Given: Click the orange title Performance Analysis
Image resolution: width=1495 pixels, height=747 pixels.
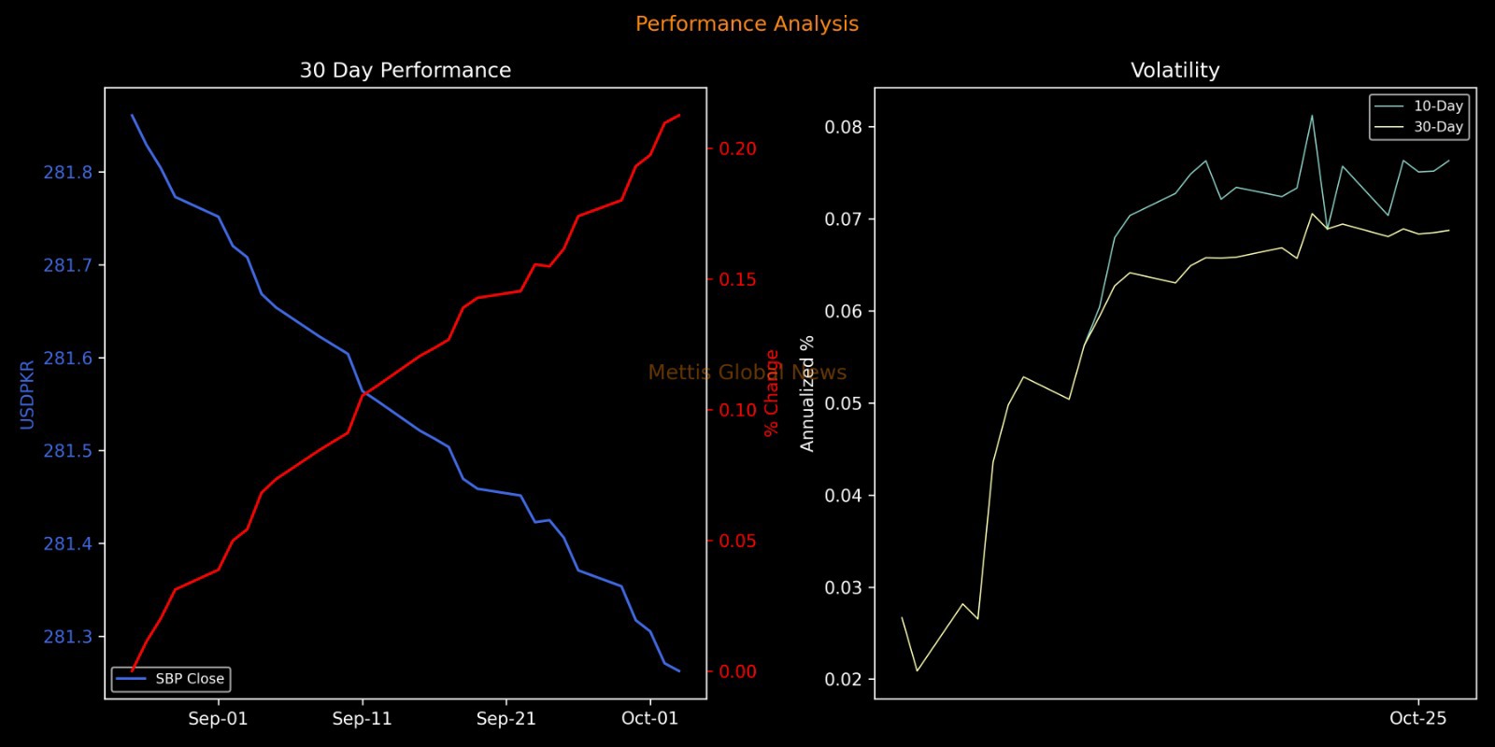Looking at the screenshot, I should point(747,24).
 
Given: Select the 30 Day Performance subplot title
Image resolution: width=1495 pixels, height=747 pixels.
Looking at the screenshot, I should point(405,70).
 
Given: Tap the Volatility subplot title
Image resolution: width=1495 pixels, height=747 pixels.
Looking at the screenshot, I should point(1175,70).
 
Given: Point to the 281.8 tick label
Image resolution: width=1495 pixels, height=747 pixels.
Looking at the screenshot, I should point(68,173).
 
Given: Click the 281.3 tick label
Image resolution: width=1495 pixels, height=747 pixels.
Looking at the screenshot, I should point(68,637).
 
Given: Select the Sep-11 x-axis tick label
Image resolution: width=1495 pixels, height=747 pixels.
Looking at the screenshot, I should point(363,719).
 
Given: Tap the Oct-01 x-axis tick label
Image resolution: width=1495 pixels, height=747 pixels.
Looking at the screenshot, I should point(649,719).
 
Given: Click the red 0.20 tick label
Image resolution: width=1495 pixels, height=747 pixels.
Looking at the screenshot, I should point(737,149).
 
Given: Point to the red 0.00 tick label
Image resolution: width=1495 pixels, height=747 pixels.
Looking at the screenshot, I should point(737,672).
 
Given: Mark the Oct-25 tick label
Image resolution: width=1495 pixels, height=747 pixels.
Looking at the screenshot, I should point(1417,719).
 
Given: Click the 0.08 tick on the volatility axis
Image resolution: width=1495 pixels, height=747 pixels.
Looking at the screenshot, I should point(843,127).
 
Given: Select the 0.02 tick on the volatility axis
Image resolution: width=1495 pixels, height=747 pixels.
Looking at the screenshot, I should point(843,680).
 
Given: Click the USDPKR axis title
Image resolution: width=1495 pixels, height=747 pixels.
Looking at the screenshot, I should point(27,394).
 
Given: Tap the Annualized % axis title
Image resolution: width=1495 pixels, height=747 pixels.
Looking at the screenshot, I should point(807,394).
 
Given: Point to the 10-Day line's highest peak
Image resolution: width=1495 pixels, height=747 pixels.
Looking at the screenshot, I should point(1312,116).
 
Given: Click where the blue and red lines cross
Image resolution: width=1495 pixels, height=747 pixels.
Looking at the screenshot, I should point(363,393).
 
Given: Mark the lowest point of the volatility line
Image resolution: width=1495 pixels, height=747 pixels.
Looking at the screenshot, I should point(917,670).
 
